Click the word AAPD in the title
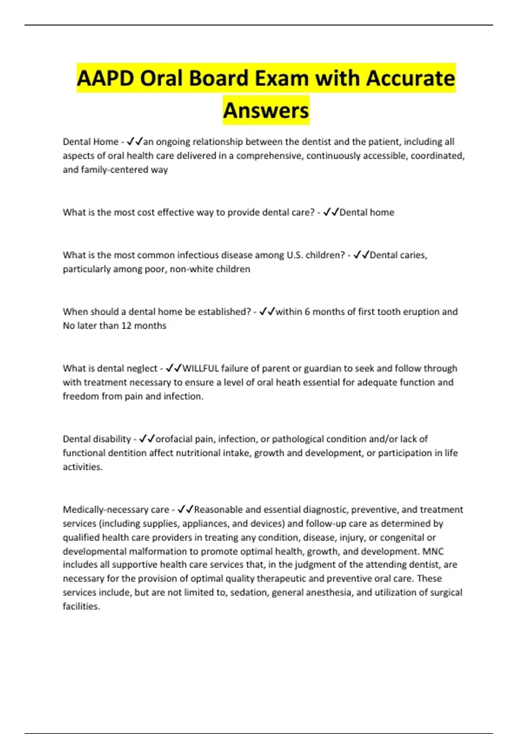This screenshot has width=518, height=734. pyautogui.click(x=105, y=78)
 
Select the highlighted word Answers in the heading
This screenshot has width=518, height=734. pyautogui.click(x=266, y=110)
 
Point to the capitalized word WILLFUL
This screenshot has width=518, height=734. pyautogui.click(x=201, y=368)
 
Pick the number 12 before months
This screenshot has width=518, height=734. pyautogui.click(x=126, y=326)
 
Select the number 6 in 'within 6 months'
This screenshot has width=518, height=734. pyautogui.click(x=307, y=312)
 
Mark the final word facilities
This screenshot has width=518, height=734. pyautogui.click(x=81, y=606)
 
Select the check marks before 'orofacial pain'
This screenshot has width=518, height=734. pyautogui.click(x=147, y=439)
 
